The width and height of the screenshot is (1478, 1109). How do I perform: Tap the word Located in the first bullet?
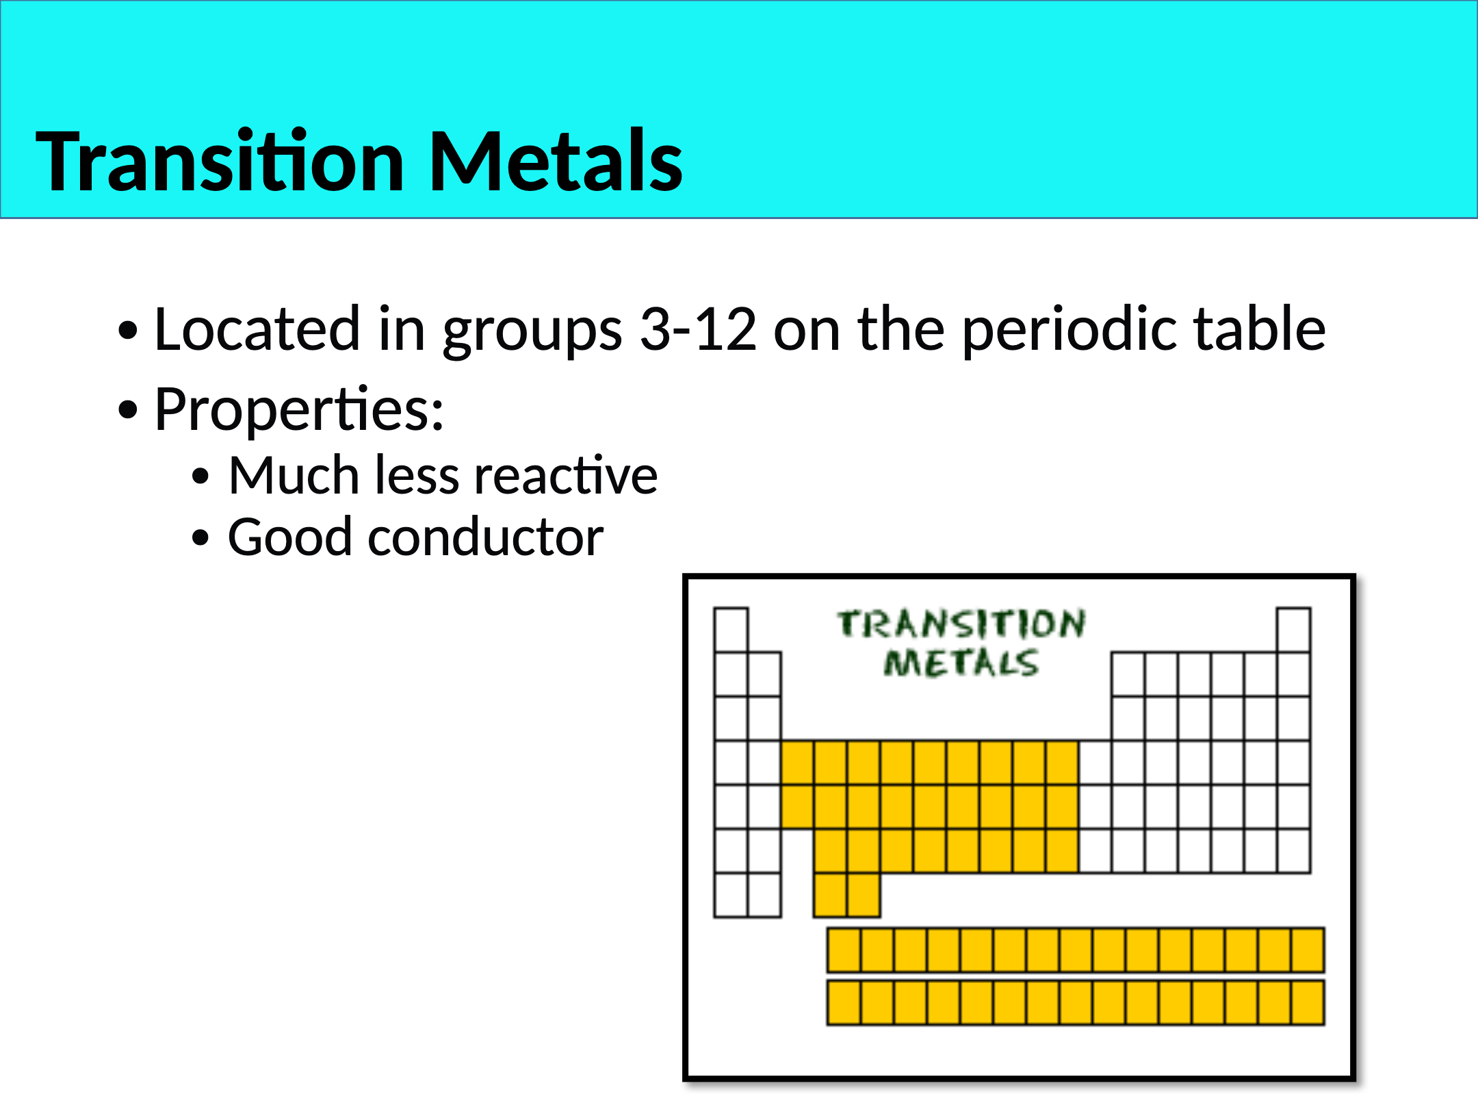(x=257, y=329)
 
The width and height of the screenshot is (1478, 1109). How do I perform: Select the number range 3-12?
(x=698, y=329)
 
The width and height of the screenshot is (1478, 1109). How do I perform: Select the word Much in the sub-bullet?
(x=294, y=475)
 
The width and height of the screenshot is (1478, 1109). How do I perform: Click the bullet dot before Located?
(x=128, y=331)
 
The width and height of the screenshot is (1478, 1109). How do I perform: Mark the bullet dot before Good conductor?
(x=200, y=538)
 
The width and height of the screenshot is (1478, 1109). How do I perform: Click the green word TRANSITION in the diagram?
(x=961, y=624)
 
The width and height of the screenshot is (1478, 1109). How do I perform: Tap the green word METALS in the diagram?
(x=961, y=663)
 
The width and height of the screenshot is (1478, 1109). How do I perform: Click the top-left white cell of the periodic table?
(x=731, y=630)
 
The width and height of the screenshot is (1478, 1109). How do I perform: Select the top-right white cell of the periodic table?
(x=1293, y=630)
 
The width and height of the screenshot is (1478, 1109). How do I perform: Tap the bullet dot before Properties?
(x=128, y=411)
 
